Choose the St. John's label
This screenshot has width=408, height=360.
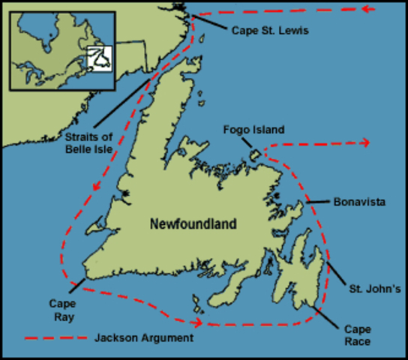(x=369, y=287)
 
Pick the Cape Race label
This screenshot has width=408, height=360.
(x=356, y=334)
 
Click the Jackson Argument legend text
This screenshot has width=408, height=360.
(x=142, y=338)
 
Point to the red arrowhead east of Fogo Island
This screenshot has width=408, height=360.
(x=364, y=142)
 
